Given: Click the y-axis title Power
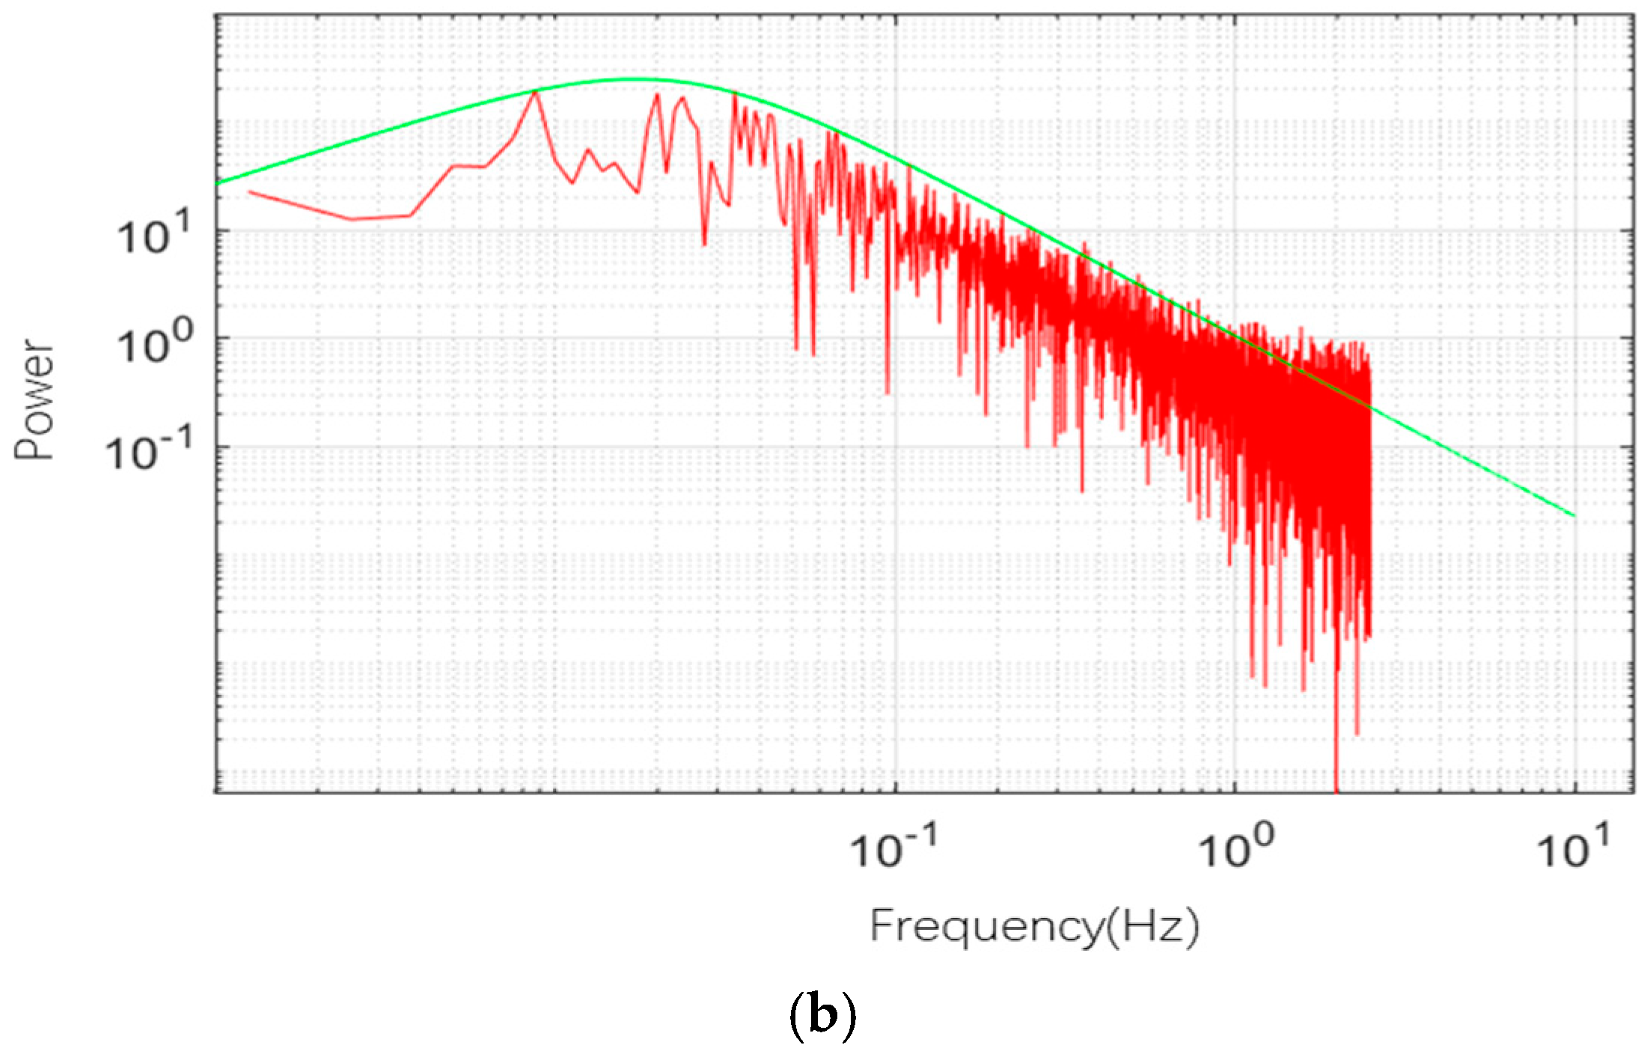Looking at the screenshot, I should click(x=35, y=399).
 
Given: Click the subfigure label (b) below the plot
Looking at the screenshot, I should click(x=822, y=1016).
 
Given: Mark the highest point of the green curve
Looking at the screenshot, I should click(x=632, y=79).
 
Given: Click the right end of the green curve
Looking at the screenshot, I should click(x=1574, y=515).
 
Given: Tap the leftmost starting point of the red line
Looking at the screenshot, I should click(x=250, y=192).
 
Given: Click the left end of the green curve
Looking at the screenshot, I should click(x=217, y=183).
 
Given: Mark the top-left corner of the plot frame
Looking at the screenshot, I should click(x=216, y=15).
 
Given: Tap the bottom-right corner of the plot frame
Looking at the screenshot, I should click(x=1634, y=791).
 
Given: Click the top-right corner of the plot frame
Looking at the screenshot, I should click(x=1634, y=15).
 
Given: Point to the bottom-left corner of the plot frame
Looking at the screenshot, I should click(x=216, y=791).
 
